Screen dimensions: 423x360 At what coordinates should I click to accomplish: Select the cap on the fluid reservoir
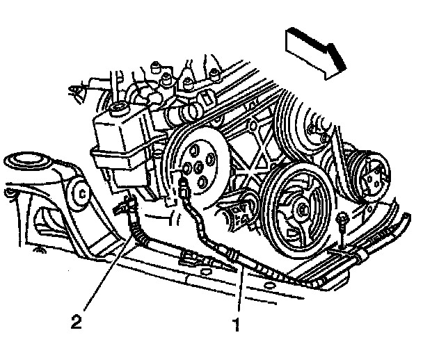[x=120, y=107]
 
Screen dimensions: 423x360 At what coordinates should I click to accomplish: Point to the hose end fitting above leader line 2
[x=127, y=204]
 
